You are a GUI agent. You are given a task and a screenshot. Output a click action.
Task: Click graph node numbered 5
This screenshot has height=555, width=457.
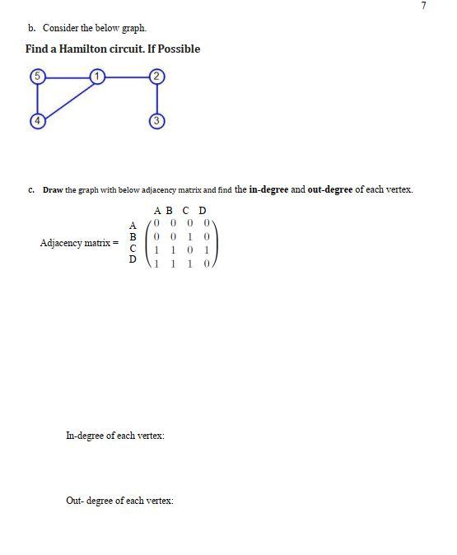37,77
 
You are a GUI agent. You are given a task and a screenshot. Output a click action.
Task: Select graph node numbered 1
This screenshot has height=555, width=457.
97,77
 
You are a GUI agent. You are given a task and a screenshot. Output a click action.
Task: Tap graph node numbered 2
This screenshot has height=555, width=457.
157,77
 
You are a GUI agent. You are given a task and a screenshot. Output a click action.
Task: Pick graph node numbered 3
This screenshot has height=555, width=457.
157,121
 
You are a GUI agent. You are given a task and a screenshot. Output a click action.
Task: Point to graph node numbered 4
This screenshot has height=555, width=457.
37,121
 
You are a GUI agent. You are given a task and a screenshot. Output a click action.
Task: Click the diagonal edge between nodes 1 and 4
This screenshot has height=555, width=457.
68,99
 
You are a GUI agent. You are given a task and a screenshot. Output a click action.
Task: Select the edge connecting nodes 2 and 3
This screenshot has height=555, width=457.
157,99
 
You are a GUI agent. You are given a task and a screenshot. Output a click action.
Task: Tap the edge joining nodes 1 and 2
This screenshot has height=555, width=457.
128,77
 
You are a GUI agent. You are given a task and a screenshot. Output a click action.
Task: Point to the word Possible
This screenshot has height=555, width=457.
179,49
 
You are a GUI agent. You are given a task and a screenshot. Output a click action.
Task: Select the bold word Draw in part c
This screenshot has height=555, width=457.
53,190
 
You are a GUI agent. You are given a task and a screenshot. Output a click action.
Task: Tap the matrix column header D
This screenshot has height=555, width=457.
203,211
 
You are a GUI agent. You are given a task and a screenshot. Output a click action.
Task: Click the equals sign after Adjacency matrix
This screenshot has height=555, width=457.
116,243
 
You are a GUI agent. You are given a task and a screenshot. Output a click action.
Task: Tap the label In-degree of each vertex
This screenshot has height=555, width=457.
114,435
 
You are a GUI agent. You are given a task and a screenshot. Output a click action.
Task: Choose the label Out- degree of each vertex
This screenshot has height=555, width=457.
119,501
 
